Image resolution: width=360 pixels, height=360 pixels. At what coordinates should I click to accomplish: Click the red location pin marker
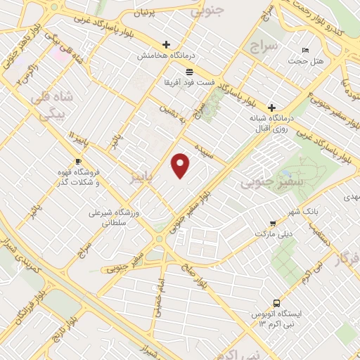[181, 165]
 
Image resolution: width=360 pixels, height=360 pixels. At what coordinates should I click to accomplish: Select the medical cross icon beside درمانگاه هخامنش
[167, 44]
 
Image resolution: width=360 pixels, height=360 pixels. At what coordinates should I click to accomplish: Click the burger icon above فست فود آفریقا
[189, 72]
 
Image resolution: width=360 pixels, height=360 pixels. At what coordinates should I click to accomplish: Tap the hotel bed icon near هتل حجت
[304, 51]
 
